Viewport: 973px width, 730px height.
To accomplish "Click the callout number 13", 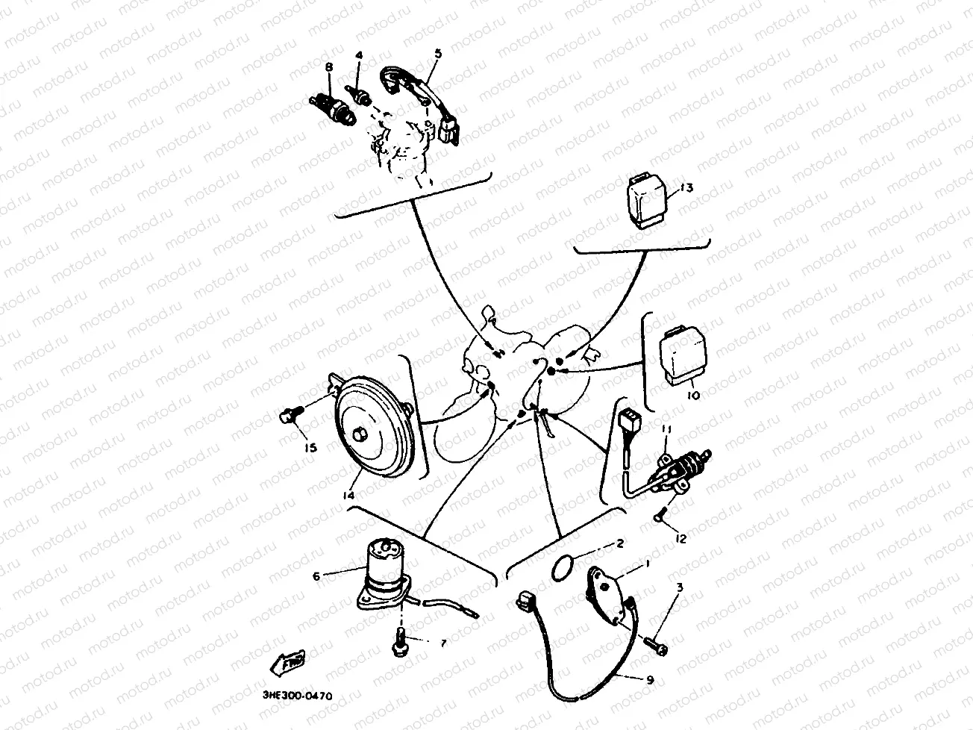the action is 686,187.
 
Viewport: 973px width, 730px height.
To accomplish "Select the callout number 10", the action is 692,395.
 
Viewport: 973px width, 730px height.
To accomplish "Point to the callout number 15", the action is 310,448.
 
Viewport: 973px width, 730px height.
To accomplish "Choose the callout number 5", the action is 437,53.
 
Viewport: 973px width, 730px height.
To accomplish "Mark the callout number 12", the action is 680,537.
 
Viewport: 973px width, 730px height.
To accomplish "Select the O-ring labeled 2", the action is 561,567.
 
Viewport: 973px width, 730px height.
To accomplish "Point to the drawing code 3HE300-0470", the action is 298,696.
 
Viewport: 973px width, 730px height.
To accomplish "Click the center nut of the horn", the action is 361,434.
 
